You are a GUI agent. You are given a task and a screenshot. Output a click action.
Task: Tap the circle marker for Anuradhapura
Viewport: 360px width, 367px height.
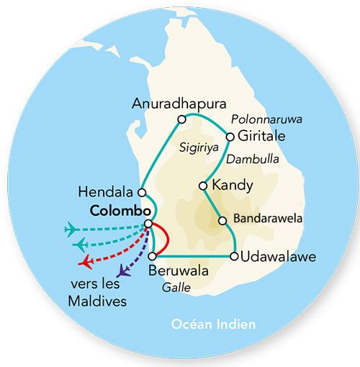(x=181, y=119)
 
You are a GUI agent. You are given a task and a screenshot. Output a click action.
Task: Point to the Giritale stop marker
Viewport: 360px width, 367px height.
(x=230, y=136)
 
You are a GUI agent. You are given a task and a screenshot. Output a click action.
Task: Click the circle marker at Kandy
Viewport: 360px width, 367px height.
(x=204, y=186)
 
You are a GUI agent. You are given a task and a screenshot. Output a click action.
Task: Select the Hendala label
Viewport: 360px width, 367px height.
(x=109, y=192)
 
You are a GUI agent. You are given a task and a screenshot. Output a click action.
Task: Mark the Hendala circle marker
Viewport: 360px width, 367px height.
(x=143, y=192)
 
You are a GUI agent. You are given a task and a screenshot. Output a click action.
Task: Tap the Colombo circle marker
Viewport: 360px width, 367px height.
(x=148, y=224)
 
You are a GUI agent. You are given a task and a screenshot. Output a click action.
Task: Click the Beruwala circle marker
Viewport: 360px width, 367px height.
(x=151, y=256)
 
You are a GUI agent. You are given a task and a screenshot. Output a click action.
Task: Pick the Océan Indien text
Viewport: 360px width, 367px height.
(x=213, y=325)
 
